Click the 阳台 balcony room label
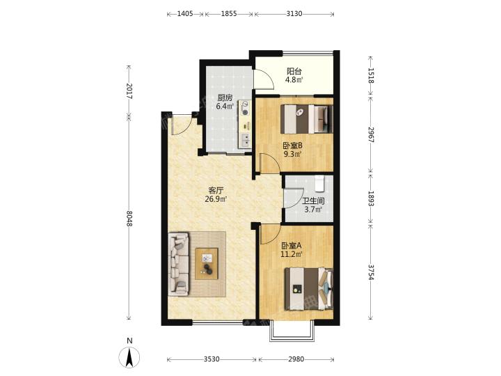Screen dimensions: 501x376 pos(294,71)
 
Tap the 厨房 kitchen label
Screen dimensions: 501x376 pos(225,98)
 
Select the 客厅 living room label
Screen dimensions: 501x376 pos(216,191)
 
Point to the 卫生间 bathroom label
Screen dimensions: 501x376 pos(313,201)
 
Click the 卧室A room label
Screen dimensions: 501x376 pos(292,246)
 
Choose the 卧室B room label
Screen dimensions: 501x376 pos(292,146)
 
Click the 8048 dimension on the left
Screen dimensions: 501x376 pos(129,219)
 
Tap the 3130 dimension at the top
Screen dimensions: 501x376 pos(294,14)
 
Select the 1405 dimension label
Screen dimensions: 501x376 pos(185,14)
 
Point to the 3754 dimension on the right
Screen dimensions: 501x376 pos(371,272)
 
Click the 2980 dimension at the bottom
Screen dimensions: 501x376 pos(296,359)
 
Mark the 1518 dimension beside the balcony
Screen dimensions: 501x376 pos(371,75)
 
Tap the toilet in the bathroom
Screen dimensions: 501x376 pos(319,184)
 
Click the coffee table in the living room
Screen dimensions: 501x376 pos(207,264)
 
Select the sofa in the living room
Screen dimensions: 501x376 pos(179,264)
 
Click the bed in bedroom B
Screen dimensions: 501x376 pos(307,119)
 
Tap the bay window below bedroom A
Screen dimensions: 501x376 pos(292,330)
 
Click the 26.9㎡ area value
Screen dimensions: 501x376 pos(216,199)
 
